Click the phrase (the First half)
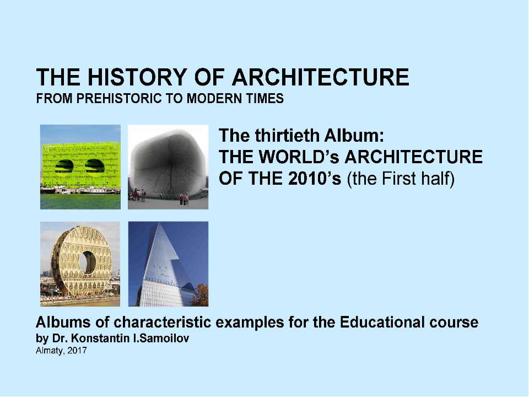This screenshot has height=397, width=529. coord(400,180)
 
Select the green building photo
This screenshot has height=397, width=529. coord(80,167)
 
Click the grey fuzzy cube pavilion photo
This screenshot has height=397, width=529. coord(168,167)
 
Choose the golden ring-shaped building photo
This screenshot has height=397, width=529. coord(80,264)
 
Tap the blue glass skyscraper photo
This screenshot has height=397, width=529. coord(168,264)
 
